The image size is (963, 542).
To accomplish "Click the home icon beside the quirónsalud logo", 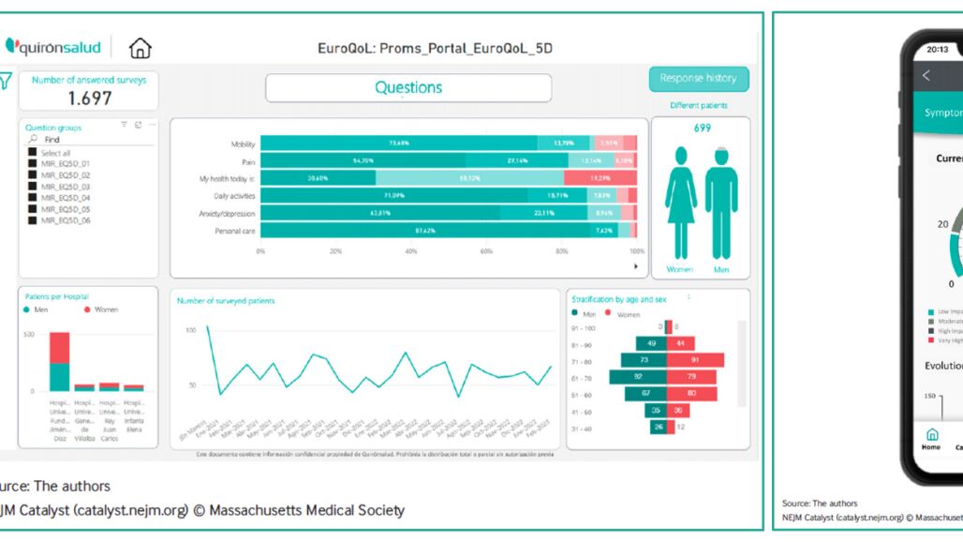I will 140,48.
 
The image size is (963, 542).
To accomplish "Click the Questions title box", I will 408,88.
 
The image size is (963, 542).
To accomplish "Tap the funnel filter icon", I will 6,82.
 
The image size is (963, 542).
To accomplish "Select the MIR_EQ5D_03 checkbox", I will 33,187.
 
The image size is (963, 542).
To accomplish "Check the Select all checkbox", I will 33,153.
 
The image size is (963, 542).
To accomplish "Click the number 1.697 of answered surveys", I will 90,98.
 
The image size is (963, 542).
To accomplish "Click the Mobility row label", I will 243,144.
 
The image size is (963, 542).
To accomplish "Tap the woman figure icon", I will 680,203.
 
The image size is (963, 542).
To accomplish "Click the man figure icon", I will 720,203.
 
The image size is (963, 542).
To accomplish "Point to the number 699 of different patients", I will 701,128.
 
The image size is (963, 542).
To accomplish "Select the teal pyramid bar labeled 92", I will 637,377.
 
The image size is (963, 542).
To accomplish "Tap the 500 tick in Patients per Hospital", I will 28,334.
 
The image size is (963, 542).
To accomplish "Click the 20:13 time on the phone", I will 937,50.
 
